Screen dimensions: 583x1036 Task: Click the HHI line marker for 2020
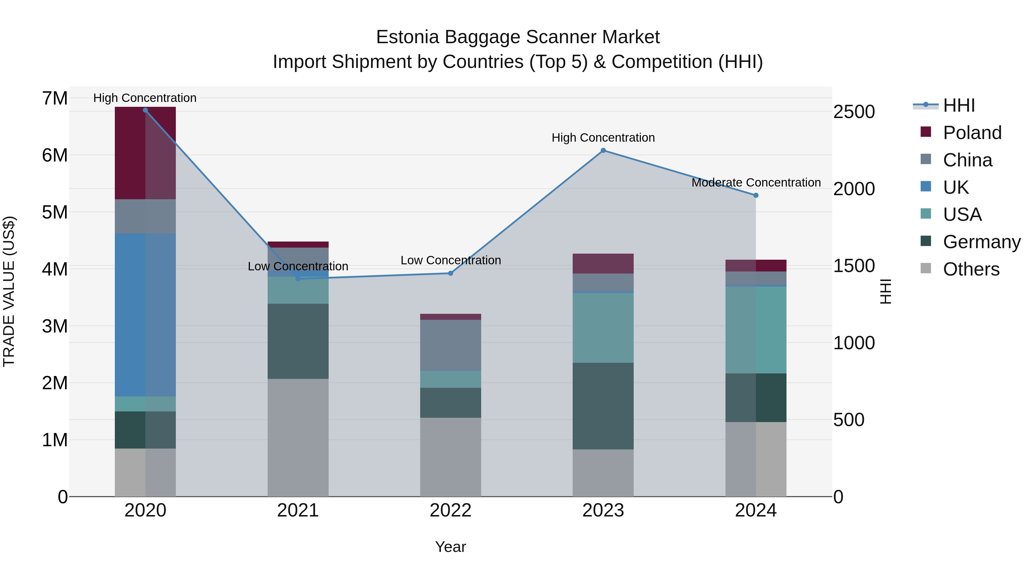click(145, 110)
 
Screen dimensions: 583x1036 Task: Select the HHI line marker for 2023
click(603, 151)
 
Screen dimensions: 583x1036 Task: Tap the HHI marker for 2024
click(756, 195)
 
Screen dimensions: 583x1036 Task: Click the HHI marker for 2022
click(450, 273)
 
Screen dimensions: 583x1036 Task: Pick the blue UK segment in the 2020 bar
click(145, 315)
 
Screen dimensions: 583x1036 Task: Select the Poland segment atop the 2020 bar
click(145, 153)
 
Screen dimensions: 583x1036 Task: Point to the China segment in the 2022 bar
click(450, 345)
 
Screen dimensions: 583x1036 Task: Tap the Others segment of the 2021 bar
click(298, 437)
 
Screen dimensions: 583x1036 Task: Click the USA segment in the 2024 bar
click(756, 330)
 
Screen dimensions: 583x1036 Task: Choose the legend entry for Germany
click(981, 242)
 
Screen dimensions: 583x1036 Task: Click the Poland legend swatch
click(926, 132)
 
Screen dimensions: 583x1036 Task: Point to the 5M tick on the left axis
click(55, 212)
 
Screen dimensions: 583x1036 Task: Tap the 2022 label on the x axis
click(450, 510)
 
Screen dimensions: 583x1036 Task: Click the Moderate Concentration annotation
click(756, 182)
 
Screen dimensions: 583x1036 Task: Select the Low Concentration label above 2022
click(450, 260)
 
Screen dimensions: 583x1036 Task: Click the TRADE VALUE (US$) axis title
click(9, 291)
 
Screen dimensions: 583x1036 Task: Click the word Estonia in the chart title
click(407, 37)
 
